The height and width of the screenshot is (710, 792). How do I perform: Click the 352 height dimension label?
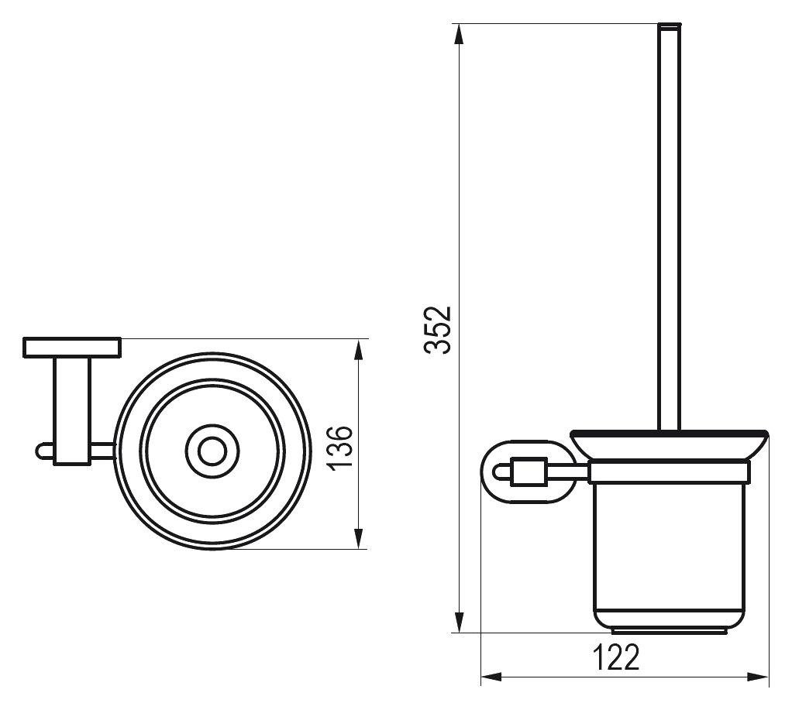click(x=437, y=330)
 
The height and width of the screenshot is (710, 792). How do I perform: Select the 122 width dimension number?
click(x=615, y=657)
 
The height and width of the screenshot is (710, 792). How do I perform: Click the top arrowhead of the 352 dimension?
click(x=459, y=36)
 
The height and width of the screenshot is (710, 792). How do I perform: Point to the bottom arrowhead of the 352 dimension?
click(x=459, y=621)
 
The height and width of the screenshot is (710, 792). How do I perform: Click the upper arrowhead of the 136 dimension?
click(x=358, y=351)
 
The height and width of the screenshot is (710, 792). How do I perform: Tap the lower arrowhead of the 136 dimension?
click(x=358, y=537)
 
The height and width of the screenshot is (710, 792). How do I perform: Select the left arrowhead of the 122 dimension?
click(x=492, y=677)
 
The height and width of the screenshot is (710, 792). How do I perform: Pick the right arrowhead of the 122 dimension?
click(x=757, y=677)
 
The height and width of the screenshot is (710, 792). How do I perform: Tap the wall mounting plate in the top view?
click(x=72, y=348)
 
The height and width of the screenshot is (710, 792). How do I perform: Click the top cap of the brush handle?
click(x=670, y=25)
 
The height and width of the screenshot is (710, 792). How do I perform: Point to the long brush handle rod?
click(x=670, y=227)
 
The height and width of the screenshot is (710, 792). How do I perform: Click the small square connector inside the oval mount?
click(x=529, y=472)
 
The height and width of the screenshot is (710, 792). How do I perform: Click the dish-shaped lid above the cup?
click(x=670, y=444)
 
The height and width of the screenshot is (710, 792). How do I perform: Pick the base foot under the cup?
click(x=670, y=631)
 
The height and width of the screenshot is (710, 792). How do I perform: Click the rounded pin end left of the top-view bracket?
click(x=43, y=451)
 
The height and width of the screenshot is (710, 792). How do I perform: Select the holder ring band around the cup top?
click(x=670, y=472)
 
